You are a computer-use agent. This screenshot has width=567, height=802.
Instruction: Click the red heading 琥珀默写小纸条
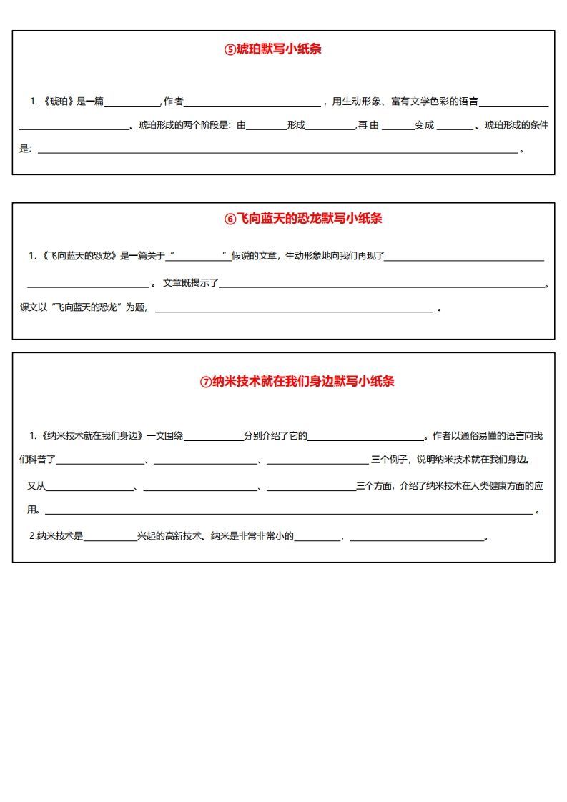tap(278, 49)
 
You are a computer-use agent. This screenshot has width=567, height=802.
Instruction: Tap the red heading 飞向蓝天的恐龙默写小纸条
tap(309, 219)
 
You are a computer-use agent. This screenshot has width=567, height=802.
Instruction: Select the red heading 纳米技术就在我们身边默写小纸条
tap(303, 382)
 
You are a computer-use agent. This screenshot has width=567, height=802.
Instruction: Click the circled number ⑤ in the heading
tap(230, 50)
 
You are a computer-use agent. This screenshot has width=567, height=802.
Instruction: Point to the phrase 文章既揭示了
tap(190, 282)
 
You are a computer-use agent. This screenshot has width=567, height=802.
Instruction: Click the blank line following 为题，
tap(294, 310)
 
